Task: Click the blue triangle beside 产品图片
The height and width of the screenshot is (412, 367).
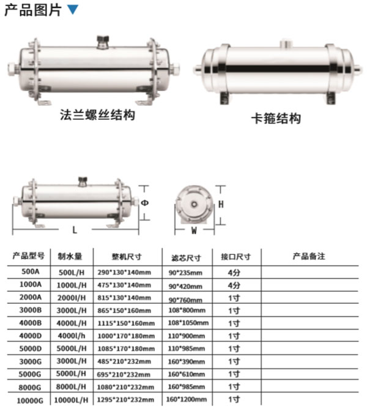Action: coord(73,9)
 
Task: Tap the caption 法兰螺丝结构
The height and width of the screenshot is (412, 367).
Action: coord(97,115)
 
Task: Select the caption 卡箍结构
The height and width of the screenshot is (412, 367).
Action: coord(276,119)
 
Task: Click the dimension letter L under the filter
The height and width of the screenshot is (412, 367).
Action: coord(75,230)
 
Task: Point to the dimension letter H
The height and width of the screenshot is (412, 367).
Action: coord(221,204)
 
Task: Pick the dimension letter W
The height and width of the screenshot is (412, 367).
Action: coord(194,230)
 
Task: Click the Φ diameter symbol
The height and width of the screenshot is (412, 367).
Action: coord(145,203)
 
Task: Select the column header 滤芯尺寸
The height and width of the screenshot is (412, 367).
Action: coord(186,258)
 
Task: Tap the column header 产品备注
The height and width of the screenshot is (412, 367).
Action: coord(309,256)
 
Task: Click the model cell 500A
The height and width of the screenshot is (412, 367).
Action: coord(30,271)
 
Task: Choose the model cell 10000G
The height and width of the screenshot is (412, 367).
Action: coord(30,401)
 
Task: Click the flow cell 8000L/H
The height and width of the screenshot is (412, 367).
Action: coord(71,387)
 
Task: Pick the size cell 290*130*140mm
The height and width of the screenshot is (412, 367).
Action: coord(124,273)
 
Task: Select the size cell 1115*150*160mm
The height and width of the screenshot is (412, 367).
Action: coord(126,323)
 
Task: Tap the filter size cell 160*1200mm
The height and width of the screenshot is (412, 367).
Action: coord(187,399)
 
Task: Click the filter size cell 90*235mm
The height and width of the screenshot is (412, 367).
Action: coord(185,273)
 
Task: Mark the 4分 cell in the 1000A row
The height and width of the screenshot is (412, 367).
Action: coord(234,285)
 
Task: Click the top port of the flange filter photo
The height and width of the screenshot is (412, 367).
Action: coord(103,42)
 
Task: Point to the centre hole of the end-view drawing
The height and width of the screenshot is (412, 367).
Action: coord(195,204)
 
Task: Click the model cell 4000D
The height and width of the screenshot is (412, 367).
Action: coord(30,336)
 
